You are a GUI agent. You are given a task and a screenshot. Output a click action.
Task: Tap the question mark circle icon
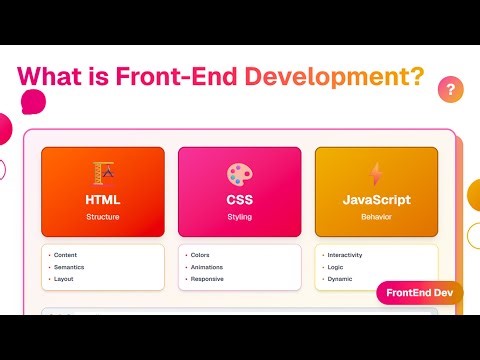tap(451, 90)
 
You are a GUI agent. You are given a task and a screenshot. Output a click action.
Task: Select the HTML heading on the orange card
tap(103, 200)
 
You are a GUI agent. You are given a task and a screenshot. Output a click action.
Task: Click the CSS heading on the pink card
tap(240, 200)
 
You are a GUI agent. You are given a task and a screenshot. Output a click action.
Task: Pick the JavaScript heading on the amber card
tap(376, 200)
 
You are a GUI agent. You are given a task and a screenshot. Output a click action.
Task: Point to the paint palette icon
tap(240, 173)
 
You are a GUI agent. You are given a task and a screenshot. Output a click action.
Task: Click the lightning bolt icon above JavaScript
tap(376, 173)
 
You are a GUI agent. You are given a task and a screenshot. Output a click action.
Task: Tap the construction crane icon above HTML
tap(103, 173)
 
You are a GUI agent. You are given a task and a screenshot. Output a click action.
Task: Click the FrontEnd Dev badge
tap(419, 293)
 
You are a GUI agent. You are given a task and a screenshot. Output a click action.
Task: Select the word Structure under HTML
tap(103, 216)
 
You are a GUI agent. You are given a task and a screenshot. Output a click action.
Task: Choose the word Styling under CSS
tap(240, 216)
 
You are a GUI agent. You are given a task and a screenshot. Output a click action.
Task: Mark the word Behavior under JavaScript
tap(376, 216)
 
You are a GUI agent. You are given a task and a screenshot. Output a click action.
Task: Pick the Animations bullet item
tap(206, 267)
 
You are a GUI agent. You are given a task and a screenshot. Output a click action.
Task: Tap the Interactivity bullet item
tap(344, 255)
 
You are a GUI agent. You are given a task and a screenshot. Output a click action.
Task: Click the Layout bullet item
tap(65, 279)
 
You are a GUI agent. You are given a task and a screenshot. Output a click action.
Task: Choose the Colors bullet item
tap(200, 255)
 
